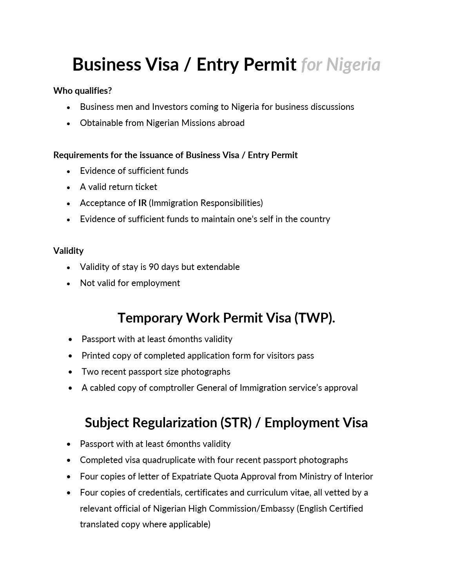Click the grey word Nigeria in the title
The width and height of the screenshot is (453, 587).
tap(353, 65)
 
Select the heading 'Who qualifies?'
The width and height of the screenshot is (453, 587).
tap(83, 91)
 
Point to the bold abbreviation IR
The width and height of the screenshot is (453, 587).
tap(142, 203)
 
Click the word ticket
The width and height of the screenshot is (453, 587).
tap(146, 187)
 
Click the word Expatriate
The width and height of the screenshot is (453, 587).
tap(191, 476)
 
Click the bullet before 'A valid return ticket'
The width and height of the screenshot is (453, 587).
tap(69, 188)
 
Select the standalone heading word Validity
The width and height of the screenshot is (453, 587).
tap(69, 251)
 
